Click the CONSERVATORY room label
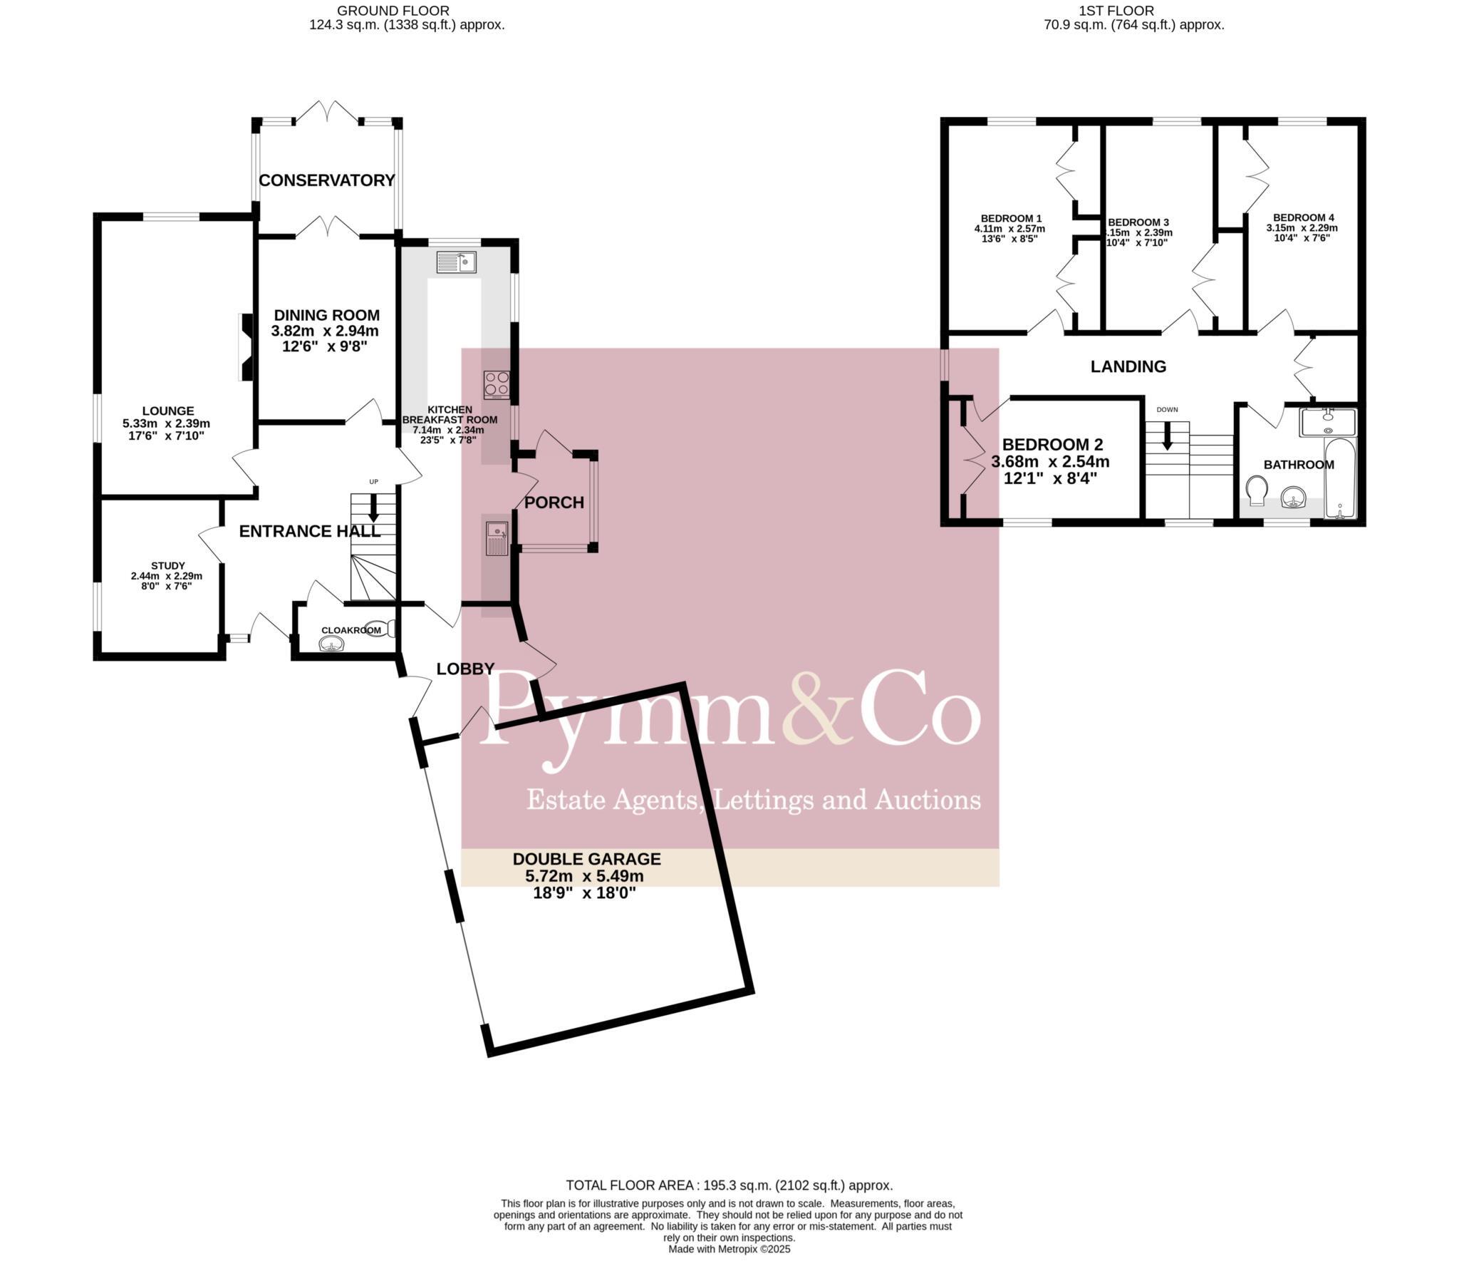point(326,180)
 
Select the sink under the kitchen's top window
point(457,262)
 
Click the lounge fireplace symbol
point(245,348)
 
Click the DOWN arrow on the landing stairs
point(1167,436)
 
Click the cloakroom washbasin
point(332,644)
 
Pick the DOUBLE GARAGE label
point(586,859)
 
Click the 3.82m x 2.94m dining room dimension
point(325,331)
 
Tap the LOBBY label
point(465,669)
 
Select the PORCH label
point(554,503)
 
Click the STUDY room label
point(168,565)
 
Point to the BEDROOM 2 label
point(1052,445)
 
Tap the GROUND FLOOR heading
point(393,11)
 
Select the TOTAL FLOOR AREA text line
point(729,1185)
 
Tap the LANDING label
point(1128,366)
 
